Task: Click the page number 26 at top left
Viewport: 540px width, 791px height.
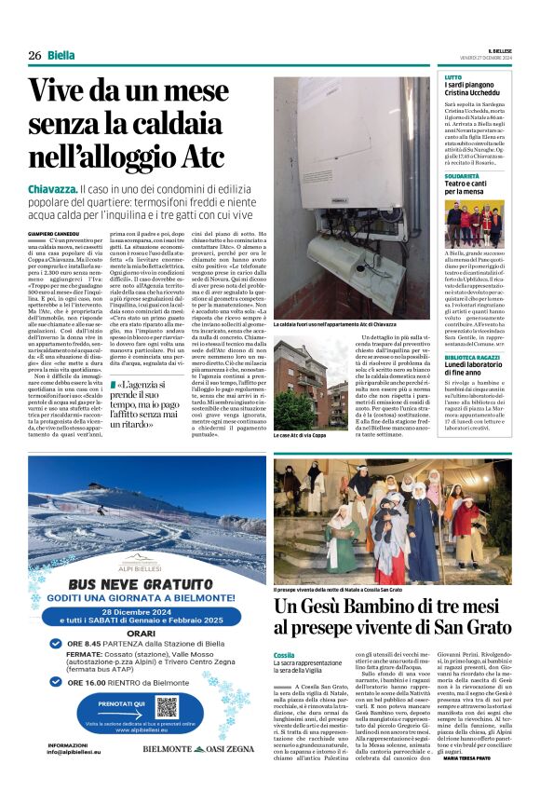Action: point(34,55)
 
